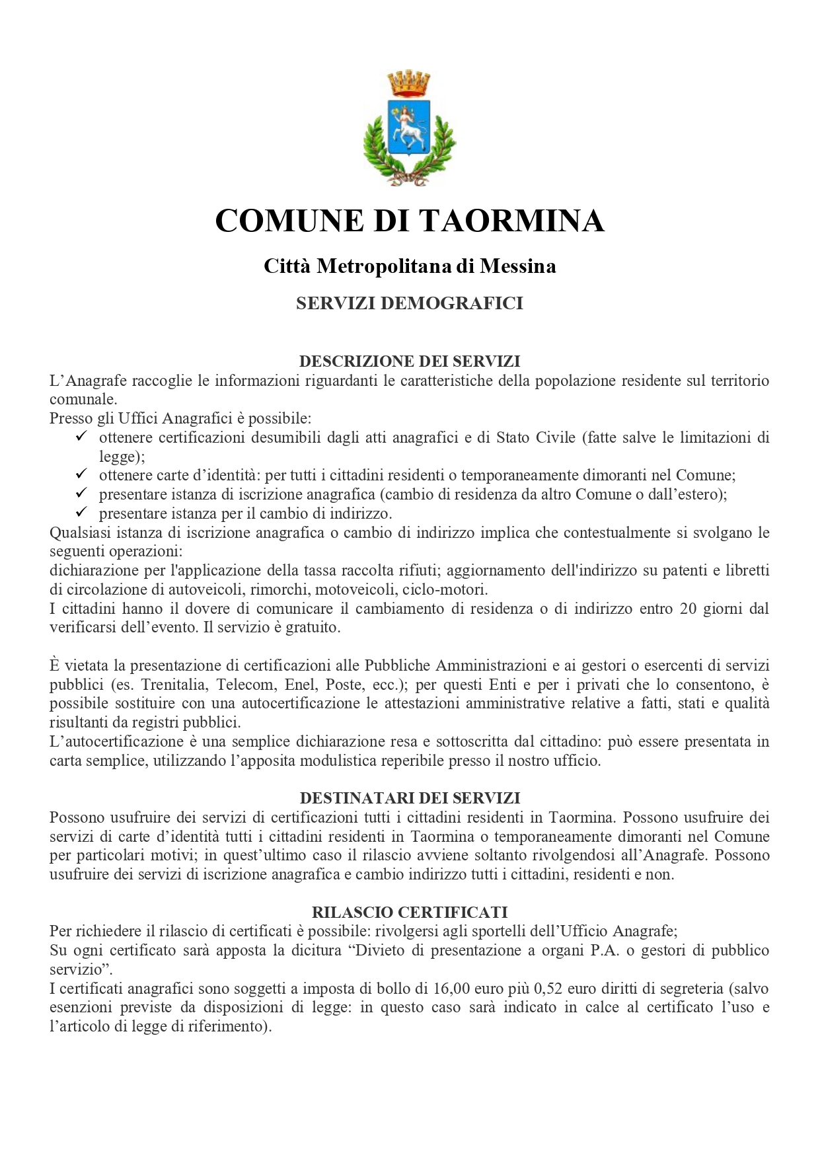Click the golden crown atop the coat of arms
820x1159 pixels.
pyautogui.click(x=409, y=83)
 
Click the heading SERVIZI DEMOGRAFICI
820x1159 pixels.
pyautogui.click(x=410, y=303)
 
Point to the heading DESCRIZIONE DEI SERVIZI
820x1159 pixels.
pyautogui.click(x=410, y=361)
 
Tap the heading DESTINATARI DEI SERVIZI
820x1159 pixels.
pyautogui.click(x=410, y=798)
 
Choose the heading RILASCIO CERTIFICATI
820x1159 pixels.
pyautogui.click(x=410, y=913)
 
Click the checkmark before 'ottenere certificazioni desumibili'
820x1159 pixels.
pyautogui.click(x=82, y=437)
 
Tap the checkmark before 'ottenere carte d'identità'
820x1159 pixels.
pyautogui.click(x=82, y=474)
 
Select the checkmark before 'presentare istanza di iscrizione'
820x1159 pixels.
pyautogui.click(x=82, y=494)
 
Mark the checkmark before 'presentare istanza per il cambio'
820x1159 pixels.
pyautogui.click(x=82, y=513)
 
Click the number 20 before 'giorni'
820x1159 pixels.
pyautogui.click(x=688, y=609)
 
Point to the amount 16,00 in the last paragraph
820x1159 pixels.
pyautogui.click(x=451, y=989)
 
